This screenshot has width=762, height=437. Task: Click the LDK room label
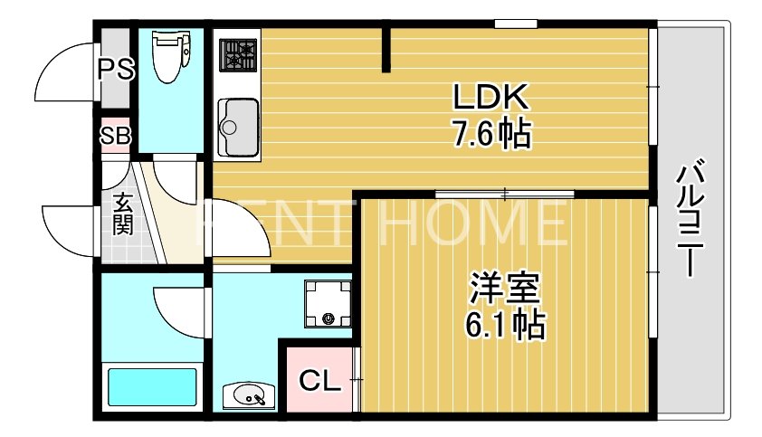click(490, 96)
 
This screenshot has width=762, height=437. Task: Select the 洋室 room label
click(505, 289)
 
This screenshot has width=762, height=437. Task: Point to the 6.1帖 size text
click(505, 323)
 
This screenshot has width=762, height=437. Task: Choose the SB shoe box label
click(116, 137)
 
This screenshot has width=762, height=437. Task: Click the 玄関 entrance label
click(122, 214)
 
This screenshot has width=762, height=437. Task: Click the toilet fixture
click(168, 55)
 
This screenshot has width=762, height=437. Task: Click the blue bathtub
click(152, 386)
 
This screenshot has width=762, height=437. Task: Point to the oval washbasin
click(248, 394)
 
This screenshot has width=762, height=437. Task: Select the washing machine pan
click(326, 303)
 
